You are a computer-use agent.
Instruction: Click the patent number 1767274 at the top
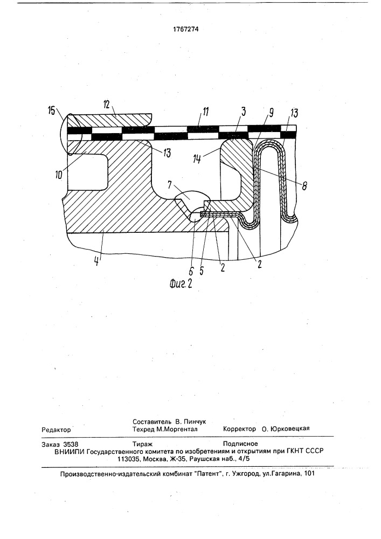click(x=186, y=29)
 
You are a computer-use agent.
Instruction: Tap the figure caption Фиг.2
click(x=181, y=284)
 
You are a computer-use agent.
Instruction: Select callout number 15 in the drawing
click(x=51, y=112)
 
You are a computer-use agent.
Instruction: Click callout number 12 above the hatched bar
click(x=106, y=106)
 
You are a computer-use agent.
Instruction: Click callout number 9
click(x=271, y=113)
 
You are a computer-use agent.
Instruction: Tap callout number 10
click(x=59, y=174)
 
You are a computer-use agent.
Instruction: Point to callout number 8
click(x=304, y=186)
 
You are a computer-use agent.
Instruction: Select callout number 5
click(x=202, y=270)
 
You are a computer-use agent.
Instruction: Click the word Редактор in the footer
click(x=56, y=430)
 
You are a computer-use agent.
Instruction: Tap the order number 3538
click(x=71, y=444)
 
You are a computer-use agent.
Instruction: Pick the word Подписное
click(x=240, y=444)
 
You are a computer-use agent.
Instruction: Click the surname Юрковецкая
click(x=290, y=429)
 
